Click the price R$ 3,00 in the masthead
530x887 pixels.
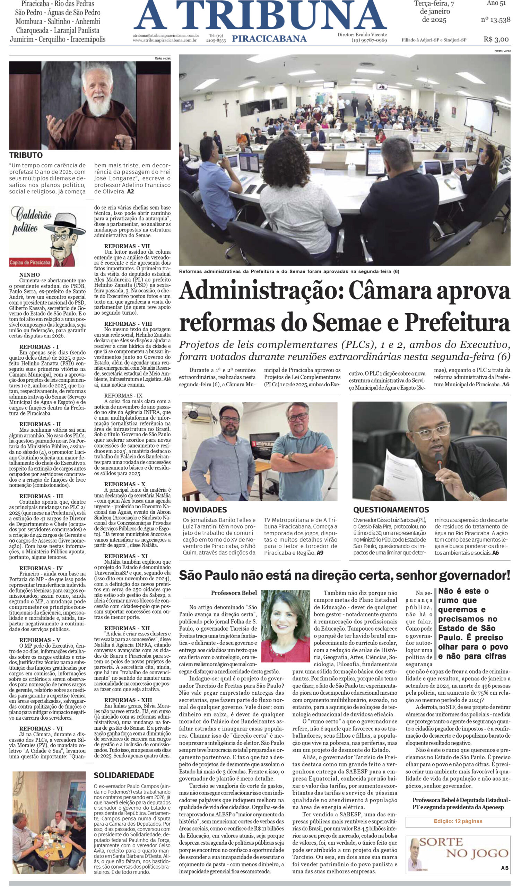tap(496, 39)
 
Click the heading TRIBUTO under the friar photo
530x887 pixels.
tap(26, 155)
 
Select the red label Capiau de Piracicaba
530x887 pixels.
tap(30, 263)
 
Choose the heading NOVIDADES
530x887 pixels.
tap(205, 509)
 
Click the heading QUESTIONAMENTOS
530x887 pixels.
tap(391, 509)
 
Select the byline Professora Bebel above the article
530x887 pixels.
tap(234, 593)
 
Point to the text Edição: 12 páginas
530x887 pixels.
tap(458, 821)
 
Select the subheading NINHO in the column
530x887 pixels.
tap(30, 275)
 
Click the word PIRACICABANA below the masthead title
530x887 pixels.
tap(269, 39)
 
